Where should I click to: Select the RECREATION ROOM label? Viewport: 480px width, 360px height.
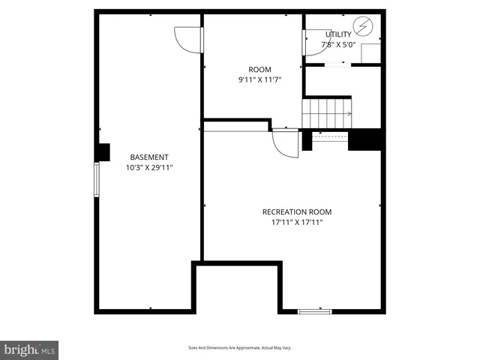pyautogui.click(x=296, y=211)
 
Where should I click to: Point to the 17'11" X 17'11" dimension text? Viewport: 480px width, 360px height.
pyautogui.click(x=296, y=222)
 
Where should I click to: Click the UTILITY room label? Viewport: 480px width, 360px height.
pyautogui.click(x=338, y=34)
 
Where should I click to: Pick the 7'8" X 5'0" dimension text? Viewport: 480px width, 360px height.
pyautogui.click(x=338, y=44)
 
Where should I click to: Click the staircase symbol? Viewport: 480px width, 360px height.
pyautogui.click(x=327, y=112)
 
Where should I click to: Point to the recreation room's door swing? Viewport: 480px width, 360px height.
pyautogui.click(x=286, y=143)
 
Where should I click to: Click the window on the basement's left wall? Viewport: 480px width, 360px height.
pyautogui.click(x=97, y=180)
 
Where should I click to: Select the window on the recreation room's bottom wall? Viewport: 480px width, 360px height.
pyautogui.click(x=315, y=310)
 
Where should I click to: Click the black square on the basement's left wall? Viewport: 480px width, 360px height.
pyautogui.click(x=103, y=151)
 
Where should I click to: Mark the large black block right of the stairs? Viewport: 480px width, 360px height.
pyautogui.click(x=366, y=139)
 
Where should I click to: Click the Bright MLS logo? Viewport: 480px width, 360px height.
pyautogui.click(x=29, y=350)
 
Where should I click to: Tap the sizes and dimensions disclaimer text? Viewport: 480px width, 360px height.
pyautogui.click(x=239, y=348)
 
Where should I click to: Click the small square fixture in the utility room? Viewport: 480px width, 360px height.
pyautogui.click(x=370, y=53)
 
